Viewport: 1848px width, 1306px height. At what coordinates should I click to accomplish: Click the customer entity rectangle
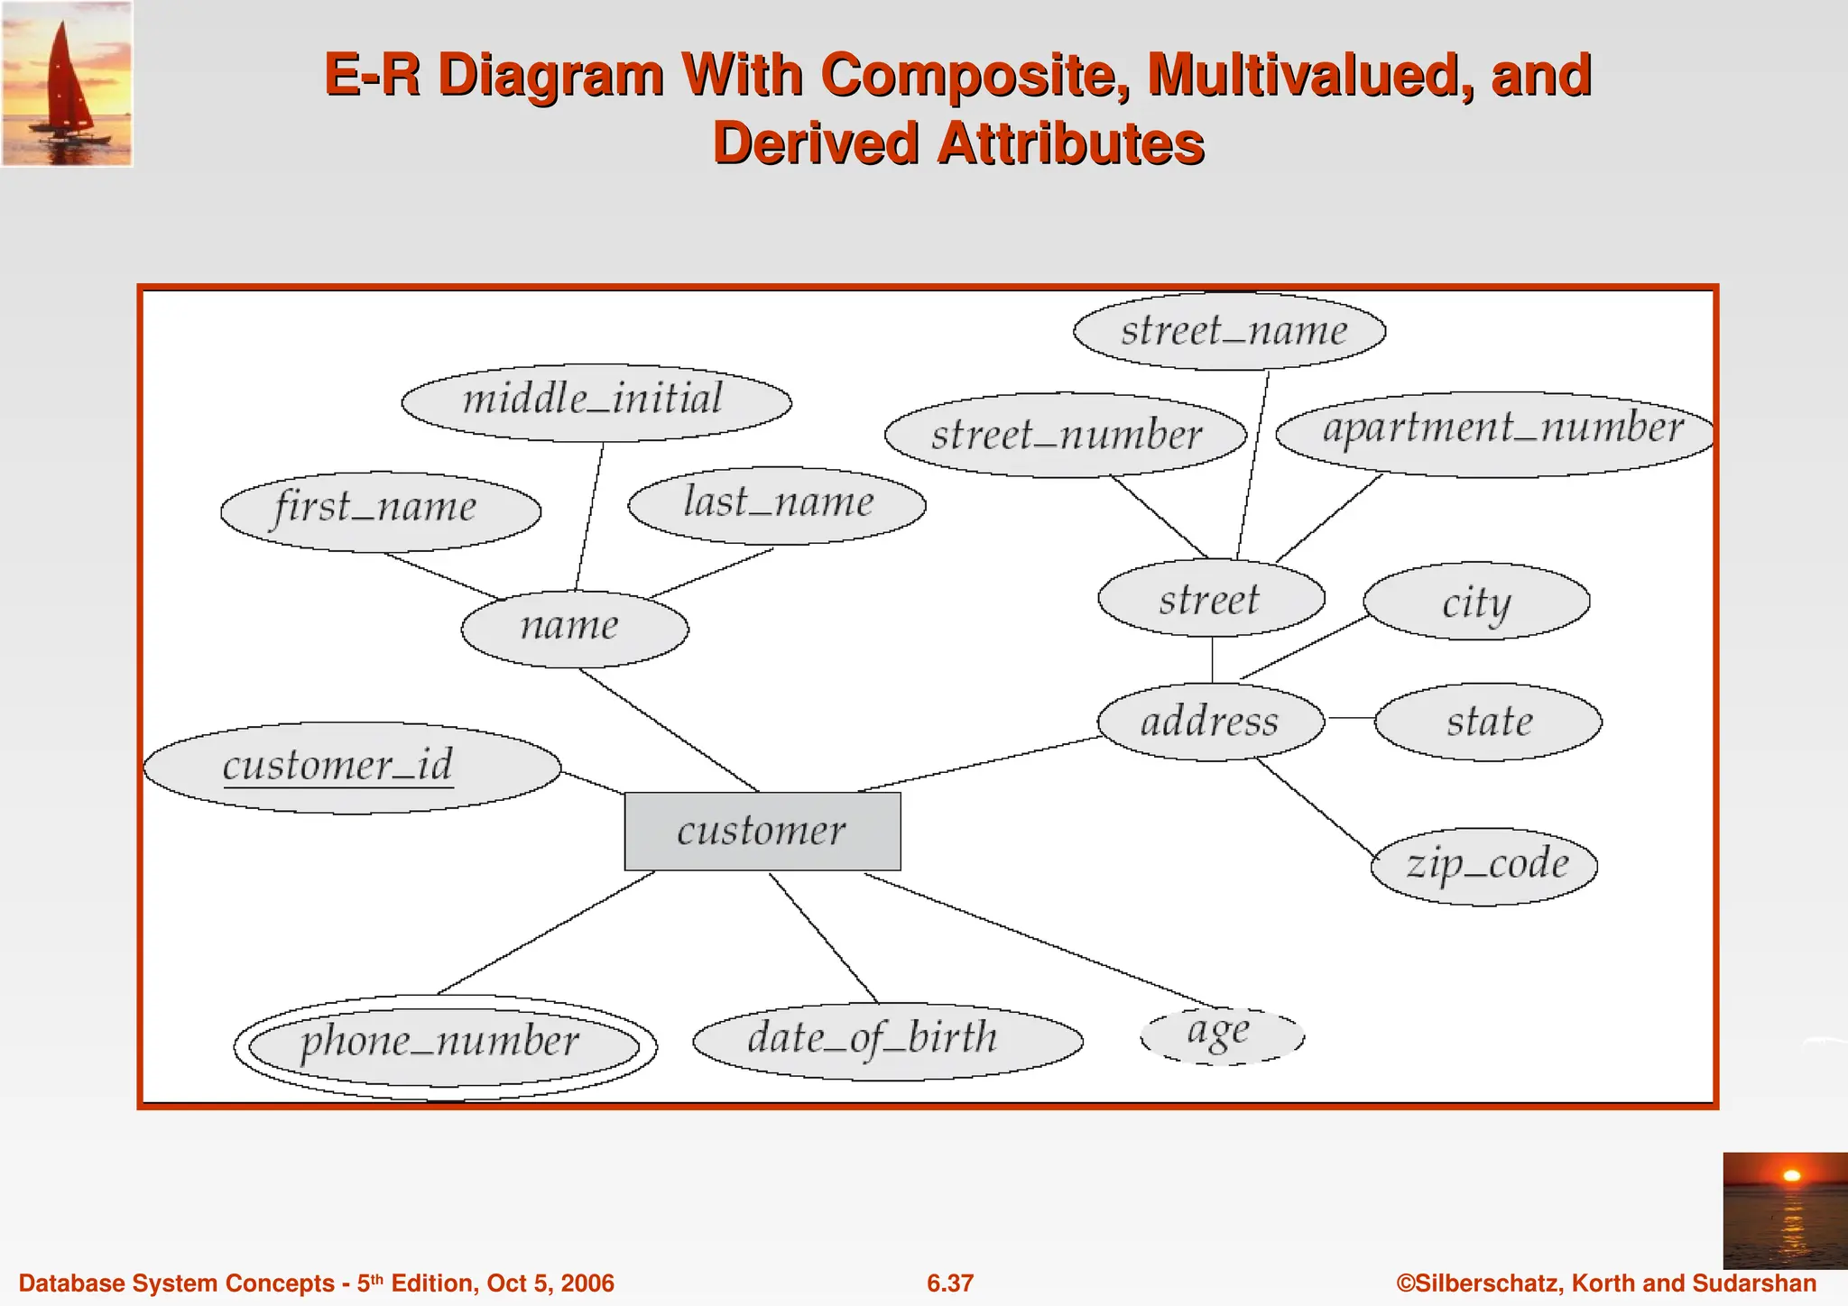pos(762,831)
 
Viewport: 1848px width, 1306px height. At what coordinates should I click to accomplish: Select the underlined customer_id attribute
pos(351,768)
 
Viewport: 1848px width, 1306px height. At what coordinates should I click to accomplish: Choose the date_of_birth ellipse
pos(887,1040)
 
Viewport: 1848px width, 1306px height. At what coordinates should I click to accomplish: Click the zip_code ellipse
pos(1484,866)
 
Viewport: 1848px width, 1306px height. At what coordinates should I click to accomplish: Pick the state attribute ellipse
pos(1488,722)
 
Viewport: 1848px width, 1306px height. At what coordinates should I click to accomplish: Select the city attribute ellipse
pos(1476,602)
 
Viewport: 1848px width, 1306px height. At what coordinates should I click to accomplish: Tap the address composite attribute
pos(1211,722)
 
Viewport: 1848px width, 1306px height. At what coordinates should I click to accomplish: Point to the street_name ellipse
pos(1229,331)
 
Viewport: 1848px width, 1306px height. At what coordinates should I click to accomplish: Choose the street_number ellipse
pos(1066,435)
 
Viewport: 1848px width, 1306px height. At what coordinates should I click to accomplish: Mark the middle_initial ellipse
pos(596,402)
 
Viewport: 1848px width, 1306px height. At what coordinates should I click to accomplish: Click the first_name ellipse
pos(380,510)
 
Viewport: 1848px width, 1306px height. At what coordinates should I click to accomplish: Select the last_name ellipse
pos(777,505)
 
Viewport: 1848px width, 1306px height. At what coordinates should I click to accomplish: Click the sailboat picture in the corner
pos(67,83)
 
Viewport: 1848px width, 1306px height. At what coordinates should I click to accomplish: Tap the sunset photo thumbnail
pos(1785,1209)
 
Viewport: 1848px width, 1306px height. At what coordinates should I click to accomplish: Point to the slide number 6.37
pos(950,1283)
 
